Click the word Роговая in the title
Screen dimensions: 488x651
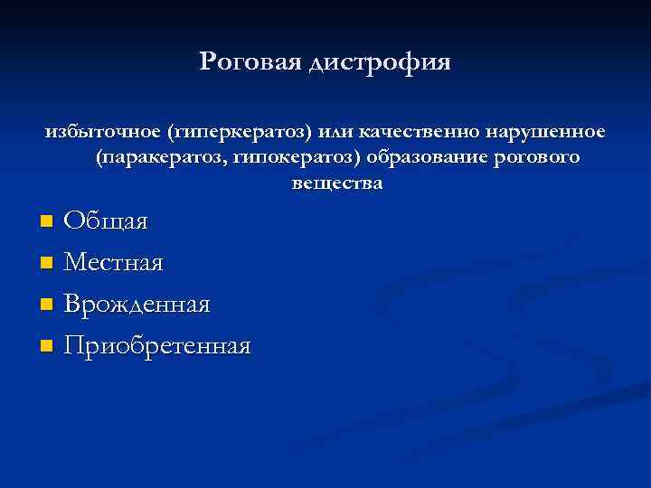click(250, 61)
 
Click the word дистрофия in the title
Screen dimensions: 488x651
click(380, 62)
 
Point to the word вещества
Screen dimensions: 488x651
click(337, 183)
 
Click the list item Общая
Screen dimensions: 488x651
click(108, 221)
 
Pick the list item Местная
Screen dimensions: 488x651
click(114, 263)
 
